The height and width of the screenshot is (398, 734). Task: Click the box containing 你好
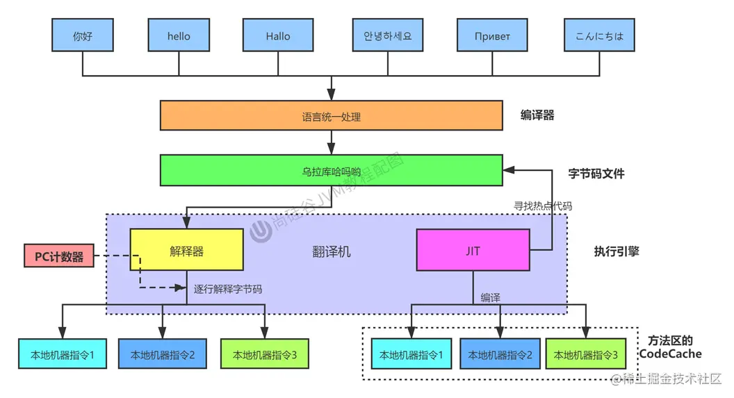coord(83,35)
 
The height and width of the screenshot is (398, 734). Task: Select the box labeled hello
coord(179,35)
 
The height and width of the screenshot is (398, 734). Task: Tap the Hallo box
coord(278,35)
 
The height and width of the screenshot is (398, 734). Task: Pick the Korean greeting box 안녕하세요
coord(387,35)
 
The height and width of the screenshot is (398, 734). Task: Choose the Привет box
coord(492,35)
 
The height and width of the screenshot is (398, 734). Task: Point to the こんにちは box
coord(599,35)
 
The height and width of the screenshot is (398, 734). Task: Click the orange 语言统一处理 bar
coord(331,116)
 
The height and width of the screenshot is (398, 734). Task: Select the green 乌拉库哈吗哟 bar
coord(331,170)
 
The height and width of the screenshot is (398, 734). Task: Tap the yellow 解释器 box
coord(186,250)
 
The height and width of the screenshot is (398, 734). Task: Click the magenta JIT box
coord(473,250)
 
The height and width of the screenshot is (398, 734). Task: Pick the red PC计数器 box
coord(59,256)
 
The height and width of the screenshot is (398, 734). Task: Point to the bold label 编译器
coord(537,115)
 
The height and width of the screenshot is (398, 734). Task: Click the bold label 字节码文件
coord(596,173)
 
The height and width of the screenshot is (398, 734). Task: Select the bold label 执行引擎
coord(616,251)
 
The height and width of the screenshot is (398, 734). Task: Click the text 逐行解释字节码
coord(227,289)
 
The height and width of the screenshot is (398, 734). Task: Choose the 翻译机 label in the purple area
coord(331,251)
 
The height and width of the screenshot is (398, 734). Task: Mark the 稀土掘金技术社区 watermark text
coord(671,379)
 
